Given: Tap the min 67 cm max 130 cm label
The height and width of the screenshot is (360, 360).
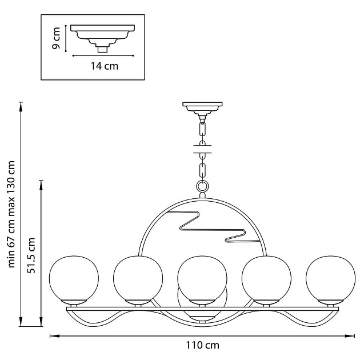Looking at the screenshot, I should (11, 214).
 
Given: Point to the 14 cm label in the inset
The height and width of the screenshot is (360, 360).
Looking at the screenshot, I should (105, 66).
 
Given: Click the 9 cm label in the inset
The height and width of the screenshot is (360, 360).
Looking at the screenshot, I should (56, 38).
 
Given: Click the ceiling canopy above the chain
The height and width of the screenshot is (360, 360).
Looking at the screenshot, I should (202, 107).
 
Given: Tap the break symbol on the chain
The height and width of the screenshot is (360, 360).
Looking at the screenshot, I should (202, 150).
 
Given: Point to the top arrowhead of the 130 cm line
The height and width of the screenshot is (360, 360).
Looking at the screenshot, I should (21, 105).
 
